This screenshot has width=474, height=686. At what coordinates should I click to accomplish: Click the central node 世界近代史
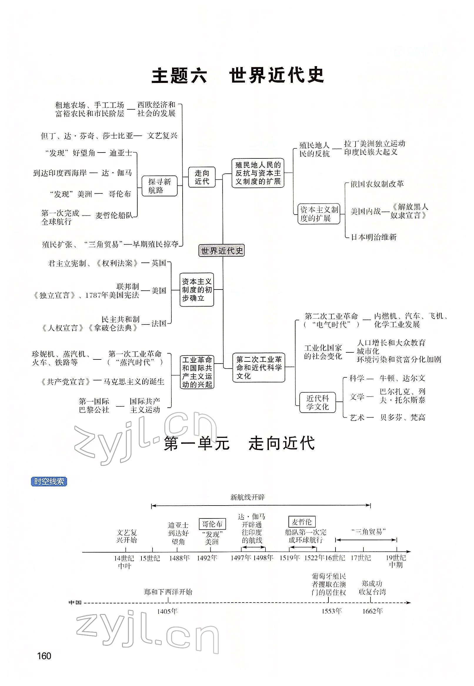221,251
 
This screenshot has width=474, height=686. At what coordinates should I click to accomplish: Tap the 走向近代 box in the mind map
202,177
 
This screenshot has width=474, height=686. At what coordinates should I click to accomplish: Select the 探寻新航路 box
159,186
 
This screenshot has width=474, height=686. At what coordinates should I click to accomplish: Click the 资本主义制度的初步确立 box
197,290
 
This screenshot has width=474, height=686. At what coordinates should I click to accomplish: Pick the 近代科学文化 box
317,402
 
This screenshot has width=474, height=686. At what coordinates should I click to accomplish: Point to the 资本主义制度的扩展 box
319,214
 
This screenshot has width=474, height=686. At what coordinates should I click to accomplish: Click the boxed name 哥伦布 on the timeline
212,524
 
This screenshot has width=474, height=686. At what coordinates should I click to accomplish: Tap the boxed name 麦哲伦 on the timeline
302,521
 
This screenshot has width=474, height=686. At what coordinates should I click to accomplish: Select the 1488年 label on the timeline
179,558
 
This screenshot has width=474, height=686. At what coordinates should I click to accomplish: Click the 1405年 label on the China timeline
167,611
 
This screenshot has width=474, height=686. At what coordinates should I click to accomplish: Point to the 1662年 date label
373,611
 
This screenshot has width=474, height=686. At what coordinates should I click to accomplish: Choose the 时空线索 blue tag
49,481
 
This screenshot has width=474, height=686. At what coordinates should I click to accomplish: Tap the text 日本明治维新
374,237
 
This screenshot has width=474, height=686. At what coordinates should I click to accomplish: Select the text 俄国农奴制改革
377,184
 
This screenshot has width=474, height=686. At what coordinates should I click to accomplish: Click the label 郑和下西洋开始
168,592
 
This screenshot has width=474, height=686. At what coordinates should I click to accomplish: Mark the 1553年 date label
332,611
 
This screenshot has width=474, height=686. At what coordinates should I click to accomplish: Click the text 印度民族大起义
371,152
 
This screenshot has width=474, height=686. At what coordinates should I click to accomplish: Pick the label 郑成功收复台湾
372,588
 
